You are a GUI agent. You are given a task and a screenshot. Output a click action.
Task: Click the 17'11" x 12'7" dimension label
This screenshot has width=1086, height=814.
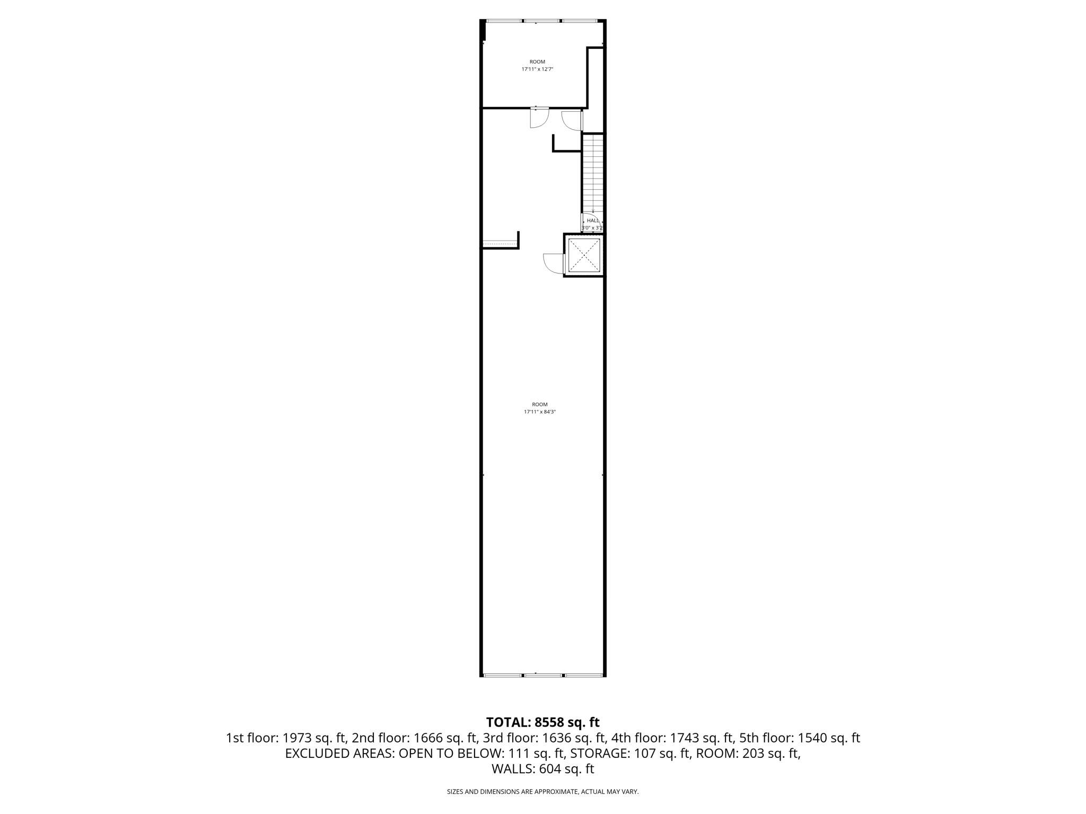point(537,69)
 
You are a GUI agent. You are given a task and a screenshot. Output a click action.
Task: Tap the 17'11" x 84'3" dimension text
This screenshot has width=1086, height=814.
point(540,412)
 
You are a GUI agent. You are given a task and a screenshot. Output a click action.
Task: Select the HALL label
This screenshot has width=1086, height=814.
point(593,220)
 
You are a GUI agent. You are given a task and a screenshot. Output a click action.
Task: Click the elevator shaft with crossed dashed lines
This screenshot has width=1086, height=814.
point(584,255)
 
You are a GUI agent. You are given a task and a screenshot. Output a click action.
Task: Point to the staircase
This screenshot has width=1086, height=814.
point(593,172)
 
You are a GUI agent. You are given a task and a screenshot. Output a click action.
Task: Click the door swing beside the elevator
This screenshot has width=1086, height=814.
point(553,263)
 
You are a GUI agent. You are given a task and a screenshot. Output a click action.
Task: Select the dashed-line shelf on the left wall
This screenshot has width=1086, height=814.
point(499,244)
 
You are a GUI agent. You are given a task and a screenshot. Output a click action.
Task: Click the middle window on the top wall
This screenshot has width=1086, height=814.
point(542,21)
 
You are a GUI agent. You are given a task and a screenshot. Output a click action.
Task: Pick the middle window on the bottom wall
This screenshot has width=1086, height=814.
point(543,676)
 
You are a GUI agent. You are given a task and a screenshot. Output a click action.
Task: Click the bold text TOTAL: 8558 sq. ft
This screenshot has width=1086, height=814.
point(542,722)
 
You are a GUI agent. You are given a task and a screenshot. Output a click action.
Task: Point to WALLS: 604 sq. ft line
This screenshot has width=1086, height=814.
point(542,769)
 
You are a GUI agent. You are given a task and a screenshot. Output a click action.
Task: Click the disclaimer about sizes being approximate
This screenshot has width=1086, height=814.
point(542,792)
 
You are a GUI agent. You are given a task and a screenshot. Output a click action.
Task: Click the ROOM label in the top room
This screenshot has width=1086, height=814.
point(537,62)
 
